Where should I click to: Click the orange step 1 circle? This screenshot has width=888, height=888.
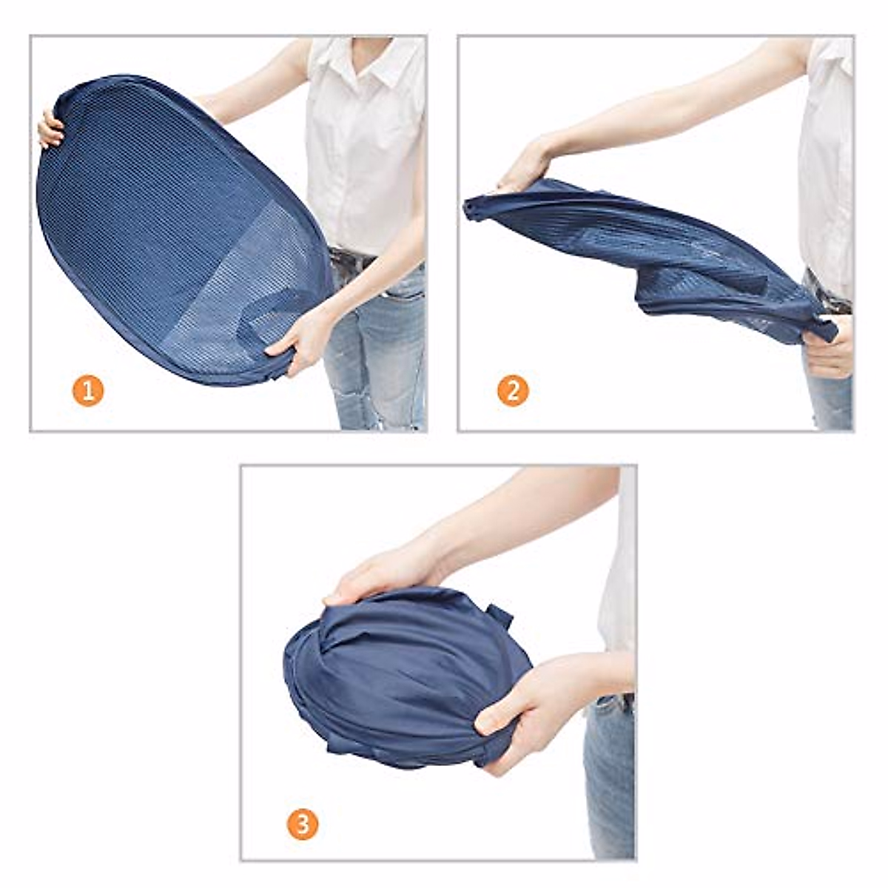click(88, 391)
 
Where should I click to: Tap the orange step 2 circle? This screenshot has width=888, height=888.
click(513, 390)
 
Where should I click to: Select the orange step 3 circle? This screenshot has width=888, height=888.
click(303, 824)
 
